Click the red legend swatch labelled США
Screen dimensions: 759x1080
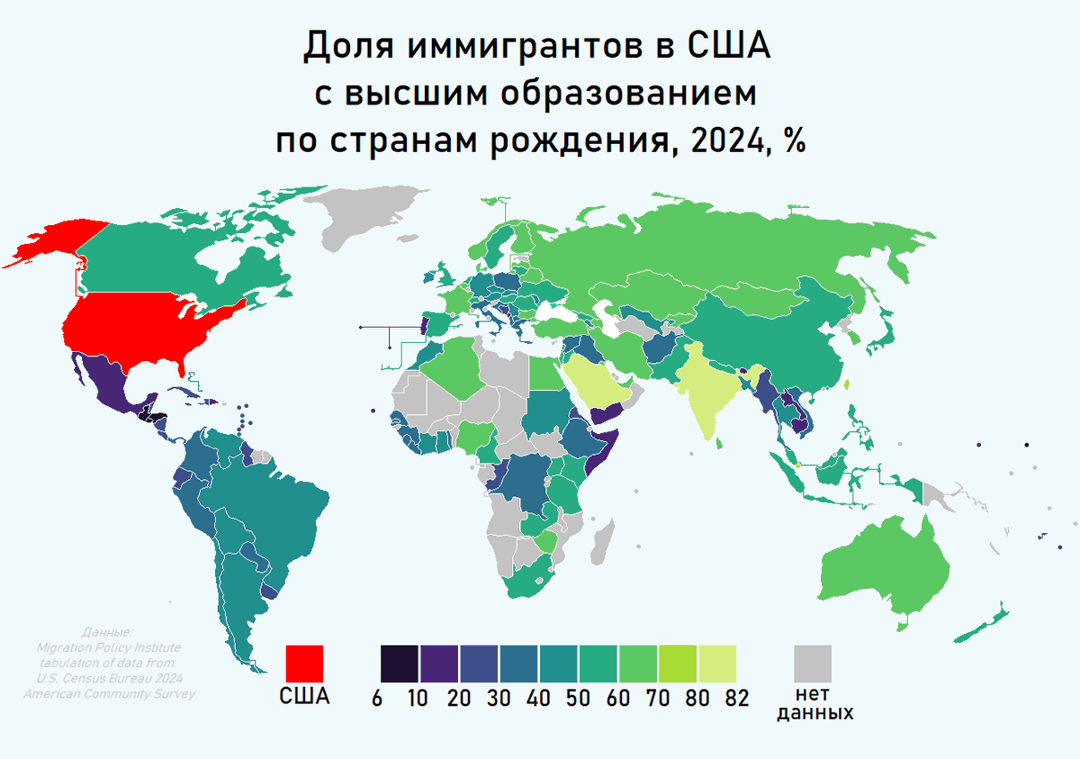(x=303, y=664)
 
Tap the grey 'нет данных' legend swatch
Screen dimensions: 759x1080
(x=813, y=664)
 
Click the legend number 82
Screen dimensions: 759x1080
(x=737, y=698)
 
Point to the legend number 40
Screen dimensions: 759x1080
(x=536, y=698)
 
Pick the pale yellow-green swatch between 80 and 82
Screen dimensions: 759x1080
(x=717, y=664)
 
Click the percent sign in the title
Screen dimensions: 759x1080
(x=793, y=141)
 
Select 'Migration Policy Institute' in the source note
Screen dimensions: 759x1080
(x=109, y=646)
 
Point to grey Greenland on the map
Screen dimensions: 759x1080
(x=369, y=216)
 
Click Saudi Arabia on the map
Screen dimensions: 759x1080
(x=598, y=378)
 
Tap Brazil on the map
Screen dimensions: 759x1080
(x=270, y=513)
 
